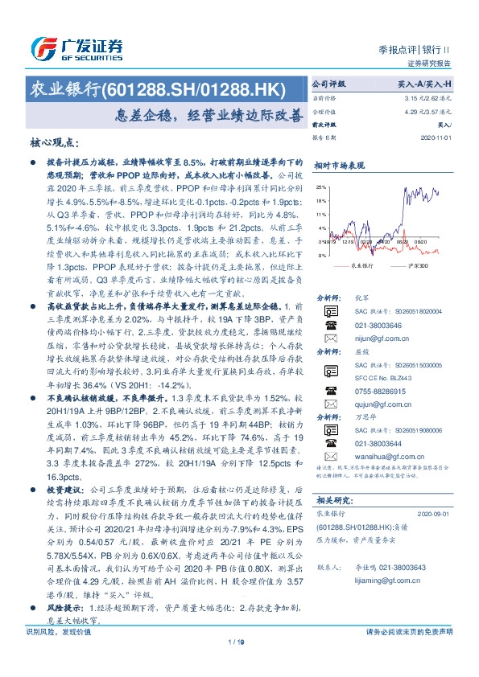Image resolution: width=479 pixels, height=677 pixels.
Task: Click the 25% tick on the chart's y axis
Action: click(320, 186)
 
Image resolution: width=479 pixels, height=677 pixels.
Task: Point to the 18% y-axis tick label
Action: click(320, 200)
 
